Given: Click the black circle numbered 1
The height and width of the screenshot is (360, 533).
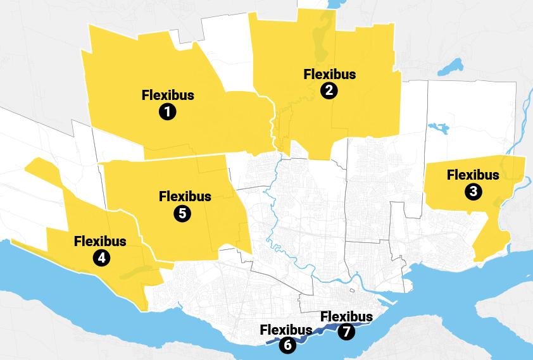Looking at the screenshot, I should pos(168,112).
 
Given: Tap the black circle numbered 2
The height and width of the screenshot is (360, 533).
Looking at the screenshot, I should pos(329,90).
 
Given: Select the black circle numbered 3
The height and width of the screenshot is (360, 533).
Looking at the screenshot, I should pos(473,191).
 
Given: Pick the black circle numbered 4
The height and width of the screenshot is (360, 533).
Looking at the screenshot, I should pos(100,258).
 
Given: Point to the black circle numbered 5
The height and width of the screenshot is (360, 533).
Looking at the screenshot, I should pos(182,213).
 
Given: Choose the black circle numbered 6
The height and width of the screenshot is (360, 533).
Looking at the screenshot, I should pos(287,345).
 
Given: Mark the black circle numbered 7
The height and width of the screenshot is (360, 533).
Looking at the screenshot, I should pos(346,331).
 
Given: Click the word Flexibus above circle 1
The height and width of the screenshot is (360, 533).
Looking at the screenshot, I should pos(168,96).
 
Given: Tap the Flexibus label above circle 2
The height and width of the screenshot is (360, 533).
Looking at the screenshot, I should pos(329,74).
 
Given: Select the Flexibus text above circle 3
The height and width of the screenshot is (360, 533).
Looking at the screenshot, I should pos(473,175).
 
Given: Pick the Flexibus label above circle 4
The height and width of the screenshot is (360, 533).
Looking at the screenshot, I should pos(100,241).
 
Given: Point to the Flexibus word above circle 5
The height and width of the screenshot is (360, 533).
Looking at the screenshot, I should pos(185,196).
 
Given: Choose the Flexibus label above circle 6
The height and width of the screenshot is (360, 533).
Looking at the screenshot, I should pos(285,330).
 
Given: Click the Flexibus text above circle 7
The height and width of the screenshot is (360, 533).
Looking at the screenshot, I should pos(346,316).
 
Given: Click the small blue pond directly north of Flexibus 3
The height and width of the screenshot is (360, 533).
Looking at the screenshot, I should pos(438,128).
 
